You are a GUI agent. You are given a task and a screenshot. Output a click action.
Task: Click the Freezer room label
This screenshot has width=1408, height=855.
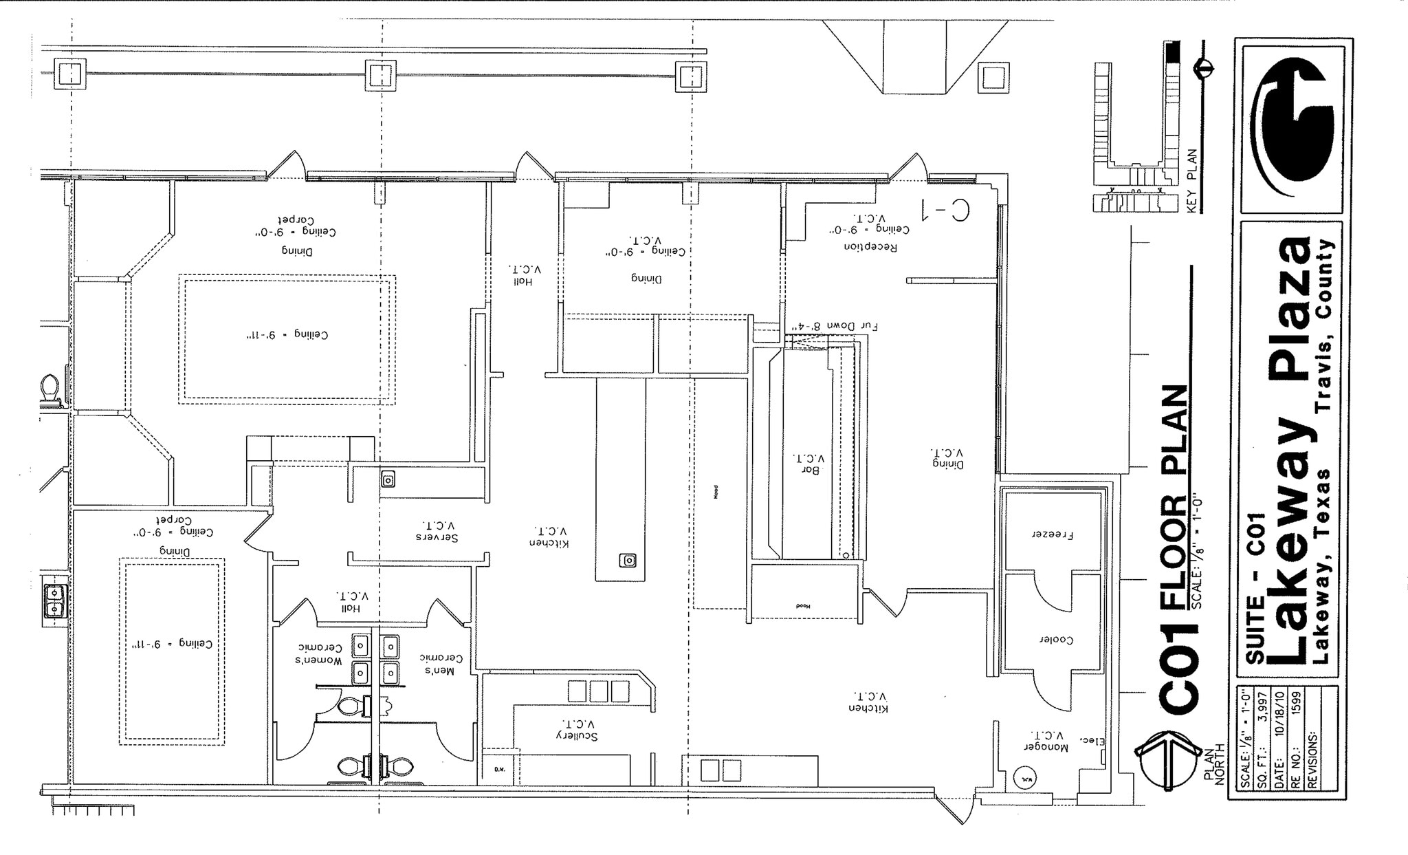tap(1053, 534)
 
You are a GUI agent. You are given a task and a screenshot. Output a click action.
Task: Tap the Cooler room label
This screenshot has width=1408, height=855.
tap(1056, 639)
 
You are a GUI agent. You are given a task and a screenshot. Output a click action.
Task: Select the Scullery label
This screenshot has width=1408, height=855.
tap(577, 735)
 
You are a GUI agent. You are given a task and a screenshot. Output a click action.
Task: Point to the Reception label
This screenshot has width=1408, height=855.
tap(870, 247)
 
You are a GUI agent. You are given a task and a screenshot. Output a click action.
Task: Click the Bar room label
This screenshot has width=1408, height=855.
tap(813, 469)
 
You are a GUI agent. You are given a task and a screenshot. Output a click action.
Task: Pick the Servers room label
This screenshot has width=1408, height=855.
tap(436, 536)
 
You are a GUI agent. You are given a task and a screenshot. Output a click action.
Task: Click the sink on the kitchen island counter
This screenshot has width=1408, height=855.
tap(628, 561)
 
